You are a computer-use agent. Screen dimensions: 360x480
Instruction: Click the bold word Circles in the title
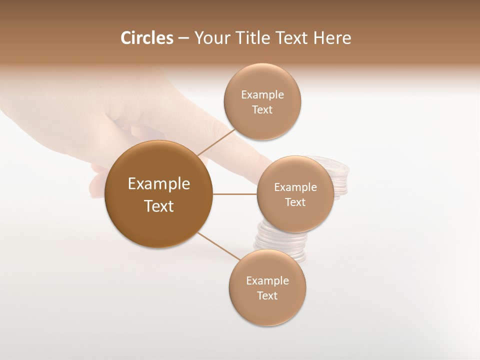point(147,38)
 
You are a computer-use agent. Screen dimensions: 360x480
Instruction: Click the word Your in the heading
point(211,38)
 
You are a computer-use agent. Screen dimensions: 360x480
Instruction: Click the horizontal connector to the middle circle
point(235,194)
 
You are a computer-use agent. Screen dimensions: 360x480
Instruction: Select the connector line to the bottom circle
point(218,246)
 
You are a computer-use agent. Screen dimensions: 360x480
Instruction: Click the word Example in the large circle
point(159,184)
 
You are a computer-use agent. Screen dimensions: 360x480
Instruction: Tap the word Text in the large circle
point(159,206)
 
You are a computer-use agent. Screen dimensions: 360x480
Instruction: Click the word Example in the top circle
point(262,95)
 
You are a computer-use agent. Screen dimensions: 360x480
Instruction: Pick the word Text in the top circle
point(262,110)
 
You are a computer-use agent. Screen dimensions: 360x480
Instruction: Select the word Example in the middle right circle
point(295,187)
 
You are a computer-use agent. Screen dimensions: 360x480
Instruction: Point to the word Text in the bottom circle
point(267,296)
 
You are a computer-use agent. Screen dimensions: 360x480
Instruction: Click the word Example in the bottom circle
point(267,281)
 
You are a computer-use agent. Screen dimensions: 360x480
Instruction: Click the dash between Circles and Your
point(183,38)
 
